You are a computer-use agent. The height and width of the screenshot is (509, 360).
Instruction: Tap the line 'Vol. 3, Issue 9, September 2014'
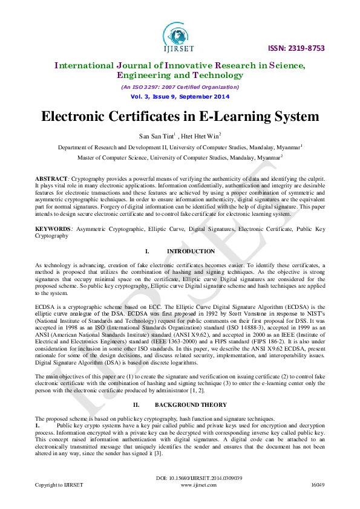click(x=180, y=97)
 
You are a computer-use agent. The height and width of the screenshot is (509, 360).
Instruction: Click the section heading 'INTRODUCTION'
click(x=191, y=251)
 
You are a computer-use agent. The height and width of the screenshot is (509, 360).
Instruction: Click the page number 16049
click(x=318, y=485)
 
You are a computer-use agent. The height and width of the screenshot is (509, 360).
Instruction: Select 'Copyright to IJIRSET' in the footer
click(x=59, y=485)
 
